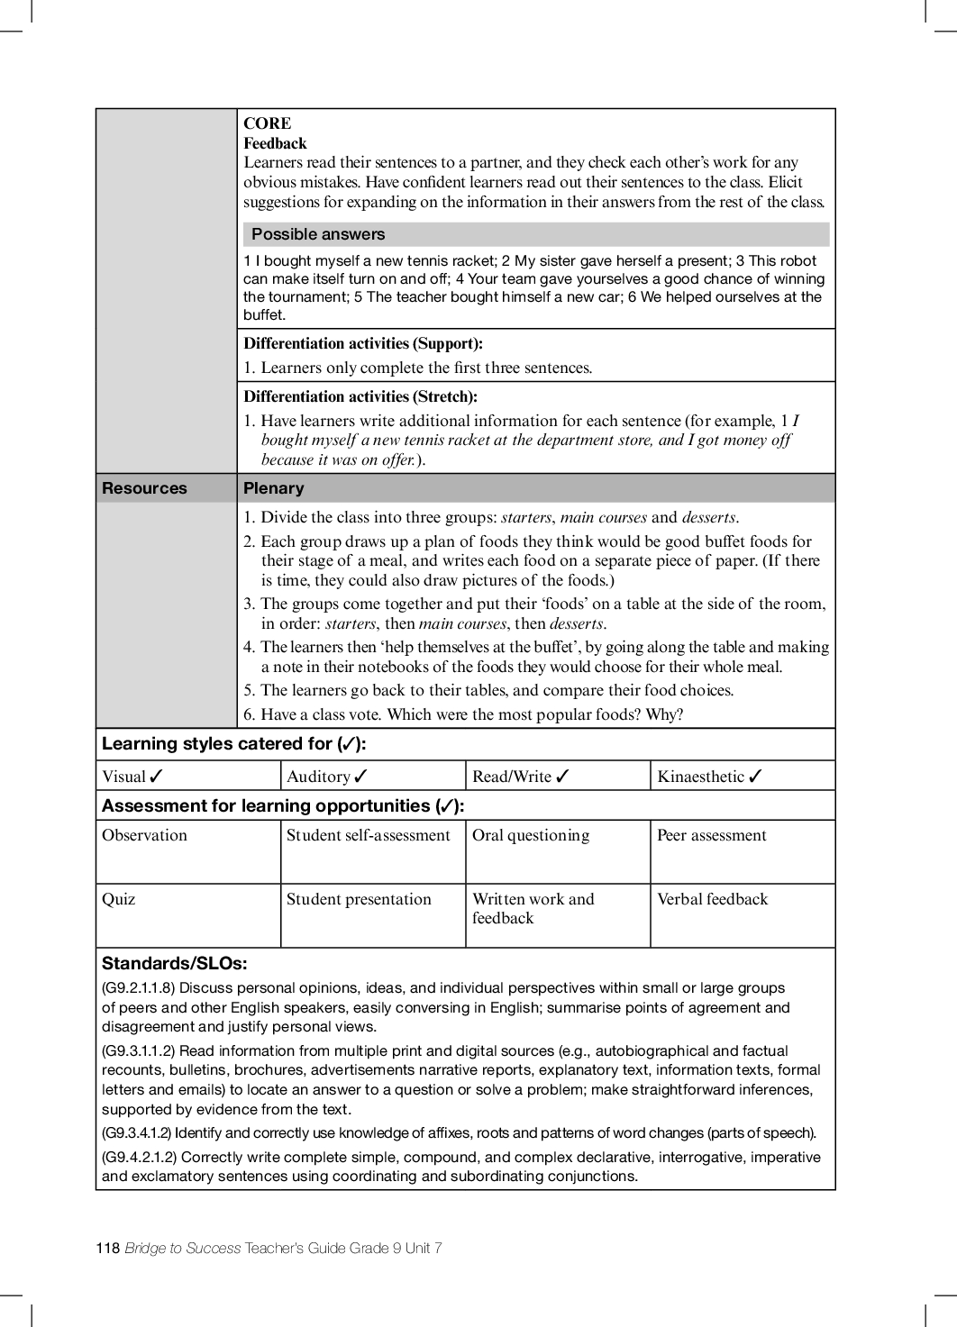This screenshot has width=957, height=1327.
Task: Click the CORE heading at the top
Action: pyautogui.click(x=267, y=123)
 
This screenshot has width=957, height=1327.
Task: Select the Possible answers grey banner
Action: pyautogui.click(x=535, y=234)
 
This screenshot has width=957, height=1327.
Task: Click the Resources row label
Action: pyautogui.click(x=144, y=488)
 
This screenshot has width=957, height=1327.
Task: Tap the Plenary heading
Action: pyautogui.click(x=274, y=488)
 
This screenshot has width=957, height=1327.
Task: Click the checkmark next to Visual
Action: pyautogui.click(x=157, y=777)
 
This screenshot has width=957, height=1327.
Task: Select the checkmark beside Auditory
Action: pyautogui.click(x=361, y=777)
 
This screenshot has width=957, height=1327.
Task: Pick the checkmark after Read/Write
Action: pyautogui.click(x=563, y=777)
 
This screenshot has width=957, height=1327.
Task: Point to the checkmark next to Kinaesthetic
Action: pyautogui.click(x=756, y=777)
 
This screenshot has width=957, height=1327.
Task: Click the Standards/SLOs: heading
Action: pyautogui.click(x=174, y=963)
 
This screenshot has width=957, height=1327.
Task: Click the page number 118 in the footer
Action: pyautogui.click(x=107, y=1248)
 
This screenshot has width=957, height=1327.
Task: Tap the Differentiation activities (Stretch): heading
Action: pyautogui.click(x=360, y=396)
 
